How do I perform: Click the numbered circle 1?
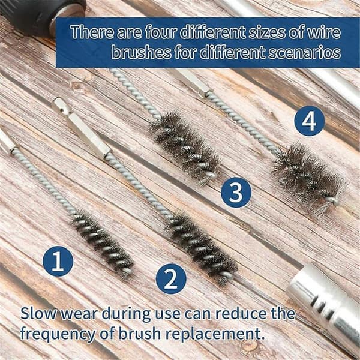click(x=58, y=261)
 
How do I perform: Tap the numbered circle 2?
click(x=171, y=279)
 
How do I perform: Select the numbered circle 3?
click(x=236, y=193)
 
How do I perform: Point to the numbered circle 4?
click(x=309, y=121)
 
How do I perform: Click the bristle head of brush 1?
click(x=102, y=244)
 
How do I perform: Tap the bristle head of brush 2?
click(x=202, y=248)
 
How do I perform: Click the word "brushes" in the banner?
click(x=141, y=52)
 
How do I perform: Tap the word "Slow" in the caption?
click(x=38, y=313)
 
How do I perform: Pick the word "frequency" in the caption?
click(x=58, y=335)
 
